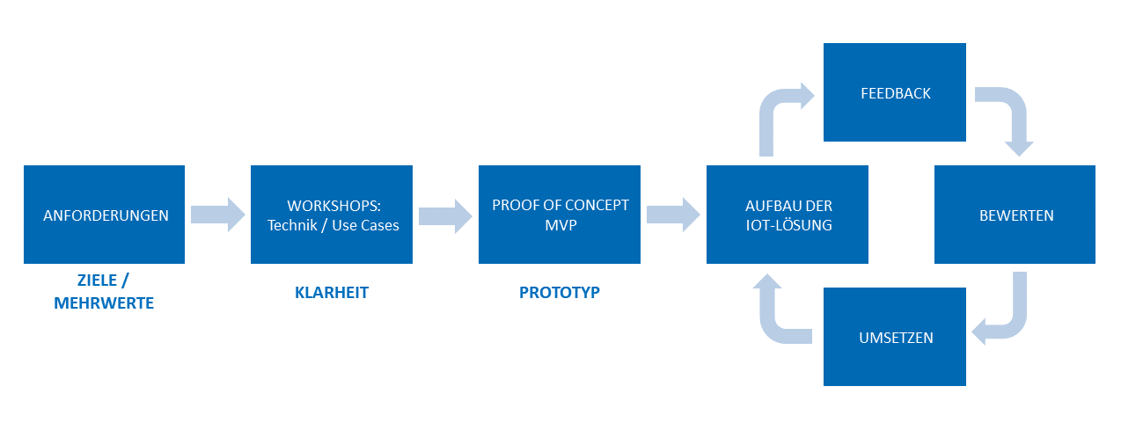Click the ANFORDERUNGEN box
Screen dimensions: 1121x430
[x=104, y=215]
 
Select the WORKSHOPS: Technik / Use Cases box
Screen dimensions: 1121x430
[x=332, y=215]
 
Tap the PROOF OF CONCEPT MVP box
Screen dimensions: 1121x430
[x=560, y=215]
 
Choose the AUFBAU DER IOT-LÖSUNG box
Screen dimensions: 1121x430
[x=788, y=215]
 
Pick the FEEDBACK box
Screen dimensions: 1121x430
[x=895, y=92]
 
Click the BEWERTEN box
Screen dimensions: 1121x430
[x=1015, y=215]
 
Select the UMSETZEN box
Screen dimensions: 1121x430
[x=895, y=337]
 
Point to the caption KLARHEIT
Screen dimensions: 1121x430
[x=332, y=293]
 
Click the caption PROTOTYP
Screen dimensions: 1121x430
[x=560, y=293]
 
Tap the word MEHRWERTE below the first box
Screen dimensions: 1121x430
[x=104, y=303]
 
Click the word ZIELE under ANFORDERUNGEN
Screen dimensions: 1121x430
[x=97, y=280]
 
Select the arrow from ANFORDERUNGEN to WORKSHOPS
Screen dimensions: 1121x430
[x=217, y=215]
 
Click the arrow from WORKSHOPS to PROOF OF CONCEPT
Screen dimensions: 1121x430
[x=445, y=216]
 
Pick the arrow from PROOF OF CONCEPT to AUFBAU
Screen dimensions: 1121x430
[x=673, y=215]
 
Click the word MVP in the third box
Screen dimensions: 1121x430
[x=560, y=225]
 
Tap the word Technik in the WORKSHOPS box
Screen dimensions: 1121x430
[x=292, y=225]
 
